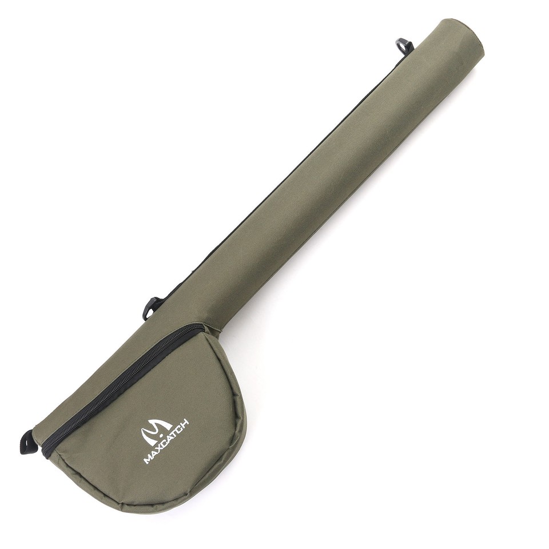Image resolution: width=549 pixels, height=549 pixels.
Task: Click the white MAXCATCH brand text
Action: (x=166, y=442)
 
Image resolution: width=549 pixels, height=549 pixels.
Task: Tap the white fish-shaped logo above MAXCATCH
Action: (x=157, y=430)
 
